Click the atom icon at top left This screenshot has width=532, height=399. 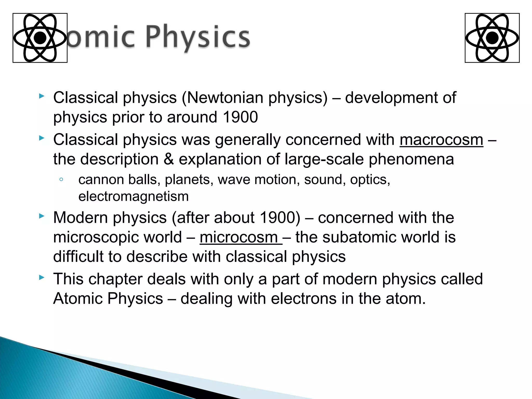point(40,38)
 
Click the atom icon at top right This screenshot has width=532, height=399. point(492,38)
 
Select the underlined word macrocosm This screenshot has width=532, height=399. point(441,140)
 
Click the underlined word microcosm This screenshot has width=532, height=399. point(239,237)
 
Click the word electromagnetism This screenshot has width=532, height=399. point(134,196)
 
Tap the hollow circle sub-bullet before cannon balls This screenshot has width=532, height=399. point(61,179)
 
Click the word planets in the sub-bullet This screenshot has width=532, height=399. point(187,179)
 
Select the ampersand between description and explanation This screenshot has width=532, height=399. point(169,159)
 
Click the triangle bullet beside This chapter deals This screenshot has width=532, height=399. point(41,278)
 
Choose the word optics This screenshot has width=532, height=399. point(370,179)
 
